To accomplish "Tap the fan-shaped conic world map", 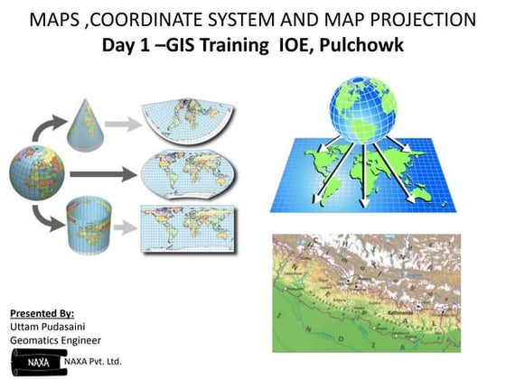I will [x=187, y=118].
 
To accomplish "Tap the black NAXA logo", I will [x=36, y=361].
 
